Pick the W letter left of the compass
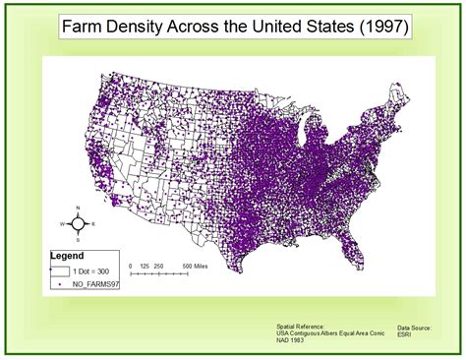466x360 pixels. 61,224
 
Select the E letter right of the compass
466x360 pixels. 92,224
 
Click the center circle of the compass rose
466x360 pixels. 77,224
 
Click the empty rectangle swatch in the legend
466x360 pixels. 61,268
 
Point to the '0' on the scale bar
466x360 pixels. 132,266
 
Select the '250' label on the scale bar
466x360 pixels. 161,266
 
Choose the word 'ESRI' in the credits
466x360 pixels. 405,332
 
